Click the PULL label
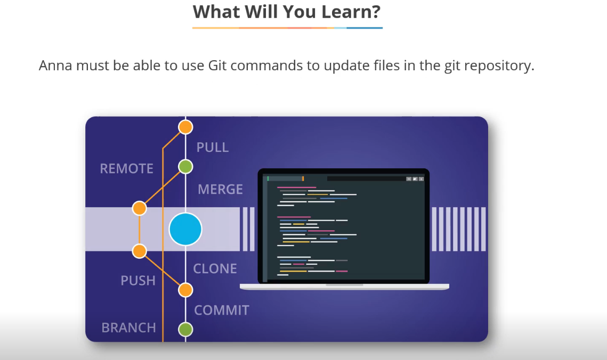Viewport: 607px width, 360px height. [212, 148]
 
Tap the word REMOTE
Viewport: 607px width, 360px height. [126, 169]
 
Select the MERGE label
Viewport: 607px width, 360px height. [220, 189]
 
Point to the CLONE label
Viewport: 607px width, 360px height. [215, 268]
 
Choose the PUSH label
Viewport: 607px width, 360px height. [138, 281]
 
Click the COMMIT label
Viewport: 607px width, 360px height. [221, 310]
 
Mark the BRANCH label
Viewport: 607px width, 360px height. [128, 328]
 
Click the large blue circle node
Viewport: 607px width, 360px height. [185, 230]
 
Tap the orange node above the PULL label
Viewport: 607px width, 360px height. [185, 127]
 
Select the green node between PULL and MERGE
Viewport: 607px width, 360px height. [185, 167]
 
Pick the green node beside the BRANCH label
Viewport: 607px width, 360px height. [185, 329]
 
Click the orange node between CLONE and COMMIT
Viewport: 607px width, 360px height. [185, 290]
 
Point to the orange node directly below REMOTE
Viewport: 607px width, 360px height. [139, 208]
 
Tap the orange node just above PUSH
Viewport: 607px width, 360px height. [139, 251]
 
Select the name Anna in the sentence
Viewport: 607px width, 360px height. [56, 66]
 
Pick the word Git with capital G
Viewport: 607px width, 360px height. [217, 66]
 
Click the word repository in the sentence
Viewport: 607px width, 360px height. [499, 66]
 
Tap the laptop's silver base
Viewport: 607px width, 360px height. [344, 287]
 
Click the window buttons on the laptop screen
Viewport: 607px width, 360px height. [415, 179]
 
